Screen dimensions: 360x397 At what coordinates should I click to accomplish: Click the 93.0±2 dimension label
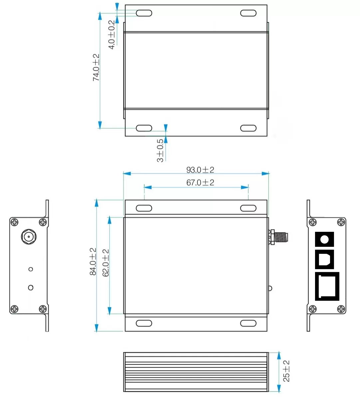pyautogui.click(x=200, y=170)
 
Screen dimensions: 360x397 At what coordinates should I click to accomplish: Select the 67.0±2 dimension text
pyautogui.click(x=200, y=183)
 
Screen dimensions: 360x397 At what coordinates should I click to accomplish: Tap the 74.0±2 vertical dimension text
pyautogui.click(x=96, y=68)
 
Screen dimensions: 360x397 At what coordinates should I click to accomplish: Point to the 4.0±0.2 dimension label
pyautogui.click(x=112, y=35)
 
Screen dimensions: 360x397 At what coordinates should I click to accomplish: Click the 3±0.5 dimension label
pyautogui.click(x=160, y=151)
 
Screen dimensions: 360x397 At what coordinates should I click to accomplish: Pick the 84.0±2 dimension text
pyautogui.click(x=93, y=261)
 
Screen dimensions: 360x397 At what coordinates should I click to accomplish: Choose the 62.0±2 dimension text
pyautogui.click(x=106, y=263)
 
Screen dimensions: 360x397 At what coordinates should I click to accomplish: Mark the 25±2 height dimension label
pyautogui.click(x=286, y=371)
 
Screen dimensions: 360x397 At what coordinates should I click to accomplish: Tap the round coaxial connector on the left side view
pyautogui.click(x=29, y=237)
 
